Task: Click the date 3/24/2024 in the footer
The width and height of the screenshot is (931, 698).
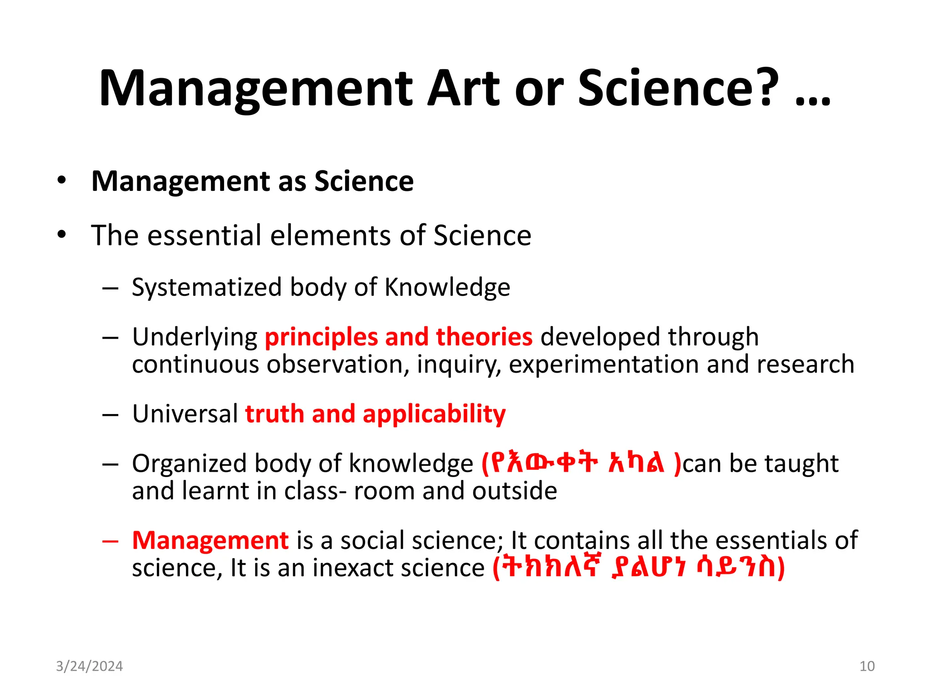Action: [x=89, y=666]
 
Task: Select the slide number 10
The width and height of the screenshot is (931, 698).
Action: [x=867, y=666]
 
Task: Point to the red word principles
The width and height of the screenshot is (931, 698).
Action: [x=321, y=337]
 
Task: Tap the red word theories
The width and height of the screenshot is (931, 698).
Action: [x=484, y=337]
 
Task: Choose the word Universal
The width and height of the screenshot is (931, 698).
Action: [x=185, y=414]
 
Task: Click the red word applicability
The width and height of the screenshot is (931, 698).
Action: [x=434, y=415]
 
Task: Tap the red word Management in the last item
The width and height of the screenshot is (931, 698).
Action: [x=210, y=541]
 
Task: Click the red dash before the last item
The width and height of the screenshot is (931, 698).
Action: [x=110, y=541]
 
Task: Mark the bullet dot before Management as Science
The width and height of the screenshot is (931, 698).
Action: [x=62, y=181]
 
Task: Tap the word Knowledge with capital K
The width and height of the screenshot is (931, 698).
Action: [x=447, y=288]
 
